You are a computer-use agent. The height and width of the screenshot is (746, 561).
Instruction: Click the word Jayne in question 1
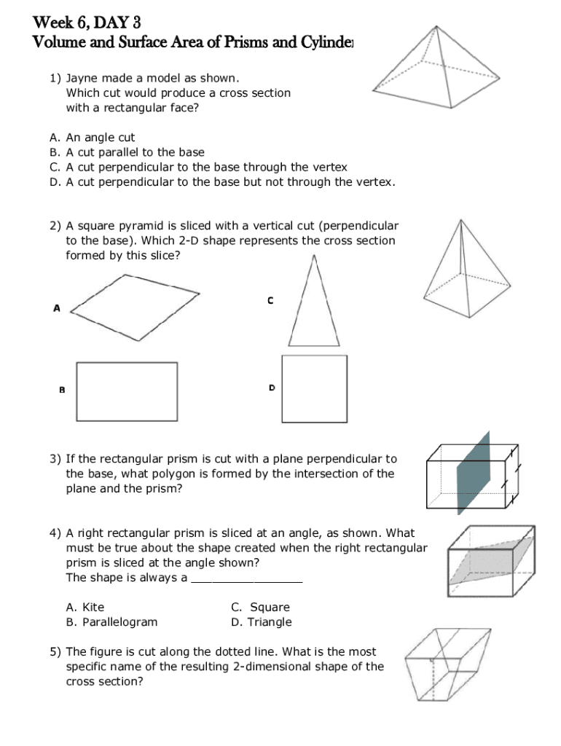(x=82, y=78)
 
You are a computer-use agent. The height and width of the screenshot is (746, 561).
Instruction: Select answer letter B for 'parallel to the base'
(x=54, y=152)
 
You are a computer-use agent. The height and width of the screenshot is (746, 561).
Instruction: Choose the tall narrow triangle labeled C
(x=314, y=306)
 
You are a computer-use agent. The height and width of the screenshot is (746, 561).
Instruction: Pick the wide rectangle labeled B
(x=127, y=391)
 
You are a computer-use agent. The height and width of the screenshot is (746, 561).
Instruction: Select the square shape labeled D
(x=314, y=389)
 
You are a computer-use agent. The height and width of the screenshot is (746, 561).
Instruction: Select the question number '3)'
(x=55, y=459)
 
